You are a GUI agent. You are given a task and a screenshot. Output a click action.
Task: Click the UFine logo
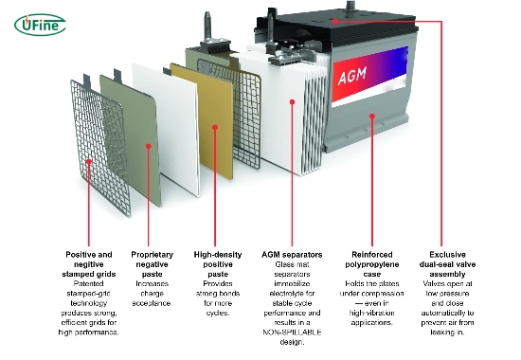(x=40, y=25)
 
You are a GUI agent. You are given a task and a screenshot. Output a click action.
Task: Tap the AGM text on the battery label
(x=352, y=76)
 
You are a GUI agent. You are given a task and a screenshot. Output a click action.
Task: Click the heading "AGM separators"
(x=292, y=255)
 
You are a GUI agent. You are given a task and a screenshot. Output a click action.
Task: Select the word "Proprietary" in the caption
(x=153, y=255)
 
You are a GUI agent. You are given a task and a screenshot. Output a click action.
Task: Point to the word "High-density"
(x=218, y=255)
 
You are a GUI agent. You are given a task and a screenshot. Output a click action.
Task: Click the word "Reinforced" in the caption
(x=372, y=255)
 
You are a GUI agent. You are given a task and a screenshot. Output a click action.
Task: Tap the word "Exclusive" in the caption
(x=447, y=255)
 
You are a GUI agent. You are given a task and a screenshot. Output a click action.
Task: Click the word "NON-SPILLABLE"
(x=292, y=333)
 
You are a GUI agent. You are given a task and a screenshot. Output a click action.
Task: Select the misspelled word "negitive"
(x=89, y=264)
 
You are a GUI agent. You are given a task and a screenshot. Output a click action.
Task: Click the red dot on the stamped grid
(x=89, y=162)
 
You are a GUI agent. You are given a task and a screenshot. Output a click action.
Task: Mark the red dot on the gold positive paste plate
(x=215, y=127)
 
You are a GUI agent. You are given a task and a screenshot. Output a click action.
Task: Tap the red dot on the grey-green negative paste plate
(x=149, y=146)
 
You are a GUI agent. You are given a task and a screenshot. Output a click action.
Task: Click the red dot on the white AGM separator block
(x=292, y=101)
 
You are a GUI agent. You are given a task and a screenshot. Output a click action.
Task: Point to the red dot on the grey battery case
(x=372, y=116)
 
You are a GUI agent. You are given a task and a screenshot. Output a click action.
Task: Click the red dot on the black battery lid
(x=335, y=21)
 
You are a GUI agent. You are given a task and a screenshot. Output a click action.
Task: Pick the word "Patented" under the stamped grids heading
(x=88, y=284)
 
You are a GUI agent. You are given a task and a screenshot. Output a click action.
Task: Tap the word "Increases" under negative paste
(x=153, y=284)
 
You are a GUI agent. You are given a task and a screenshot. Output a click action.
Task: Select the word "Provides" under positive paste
(x=218, y=284)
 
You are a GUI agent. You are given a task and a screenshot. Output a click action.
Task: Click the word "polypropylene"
(x=372, y=264)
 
